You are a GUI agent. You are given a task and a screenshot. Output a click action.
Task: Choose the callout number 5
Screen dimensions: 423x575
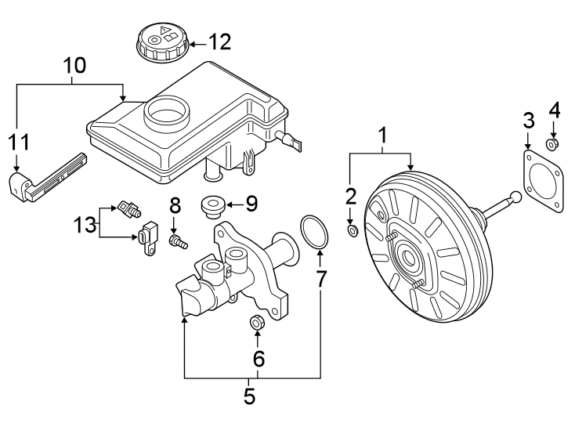(x=250, y=396)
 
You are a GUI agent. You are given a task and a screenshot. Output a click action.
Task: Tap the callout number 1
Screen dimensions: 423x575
(x=383, y=136)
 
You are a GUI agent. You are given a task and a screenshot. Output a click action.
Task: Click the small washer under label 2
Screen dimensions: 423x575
(x=353, y=230)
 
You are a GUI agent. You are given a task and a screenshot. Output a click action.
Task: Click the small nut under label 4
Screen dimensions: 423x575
(x=554, y=144)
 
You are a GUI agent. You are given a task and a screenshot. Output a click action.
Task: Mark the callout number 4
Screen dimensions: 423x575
(x=554, y=110)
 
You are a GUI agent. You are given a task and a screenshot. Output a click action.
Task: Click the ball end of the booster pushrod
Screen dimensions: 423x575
(x=515, y=197)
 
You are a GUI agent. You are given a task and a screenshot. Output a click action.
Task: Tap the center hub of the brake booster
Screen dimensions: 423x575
(x=407, y=256)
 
